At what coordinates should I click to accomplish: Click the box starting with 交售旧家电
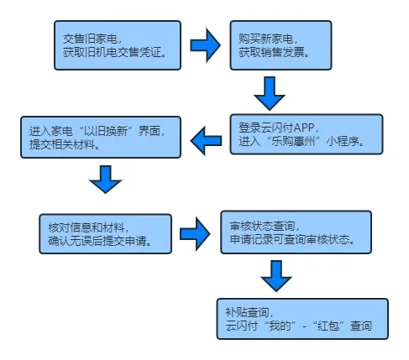click(x=118, y=45)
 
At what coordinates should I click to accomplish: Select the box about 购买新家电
click(x=281, y=45)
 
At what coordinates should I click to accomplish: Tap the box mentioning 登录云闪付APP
click(x=307, y=134)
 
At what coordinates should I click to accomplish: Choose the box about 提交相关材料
click(x=101, y=138)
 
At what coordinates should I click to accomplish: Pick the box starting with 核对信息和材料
click(x=105, y=234)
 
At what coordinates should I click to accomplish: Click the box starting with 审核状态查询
click(x=296, y=232)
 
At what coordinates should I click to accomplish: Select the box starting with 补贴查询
click(x=302, y=319)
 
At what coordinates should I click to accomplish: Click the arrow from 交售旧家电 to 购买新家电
click(x=205, y=45)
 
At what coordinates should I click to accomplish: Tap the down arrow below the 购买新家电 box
click(x=270, y=93)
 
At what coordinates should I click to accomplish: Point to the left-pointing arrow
click(x=206, y=141)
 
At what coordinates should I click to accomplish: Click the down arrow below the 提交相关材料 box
click(x=106, y=180)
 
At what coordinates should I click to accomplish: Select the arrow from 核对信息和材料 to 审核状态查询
click(x=195, y=234)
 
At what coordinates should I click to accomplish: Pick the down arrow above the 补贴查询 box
click(x=276, y=276)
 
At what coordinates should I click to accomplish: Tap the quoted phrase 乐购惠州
click(x=294, y=142)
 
